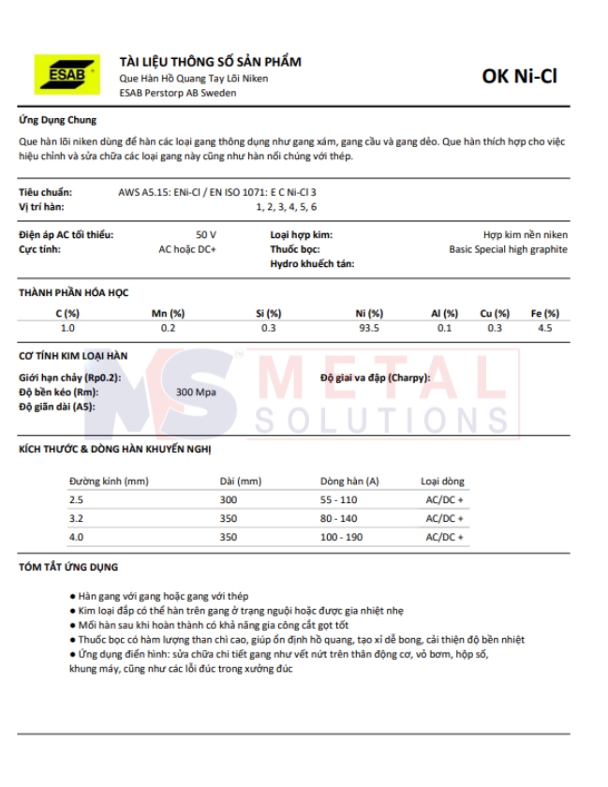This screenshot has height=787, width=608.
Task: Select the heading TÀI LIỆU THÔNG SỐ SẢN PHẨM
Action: pos(210,62)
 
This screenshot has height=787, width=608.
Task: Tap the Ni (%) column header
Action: pos(369,313)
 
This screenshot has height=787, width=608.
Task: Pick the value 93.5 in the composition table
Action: pos(369,328)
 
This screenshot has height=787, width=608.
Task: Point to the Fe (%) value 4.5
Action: pos(544,328)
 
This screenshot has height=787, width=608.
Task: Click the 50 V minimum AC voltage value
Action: pos(206,234)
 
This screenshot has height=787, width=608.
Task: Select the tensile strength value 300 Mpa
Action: pos(196,392)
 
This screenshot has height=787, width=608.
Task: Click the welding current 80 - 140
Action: pos(339,518)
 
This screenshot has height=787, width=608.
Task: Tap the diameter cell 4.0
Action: pos(76,537)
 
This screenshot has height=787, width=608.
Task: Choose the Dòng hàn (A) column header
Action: pos(348,481)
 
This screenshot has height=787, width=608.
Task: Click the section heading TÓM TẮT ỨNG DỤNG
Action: pos(69,568)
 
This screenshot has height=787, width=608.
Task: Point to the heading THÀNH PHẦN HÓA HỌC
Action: pos(73,292)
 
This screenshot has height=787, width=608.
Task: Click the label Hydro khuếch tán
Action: pos(312,265)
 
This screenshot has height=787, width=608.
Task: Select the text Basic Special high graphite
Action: pos(508,250)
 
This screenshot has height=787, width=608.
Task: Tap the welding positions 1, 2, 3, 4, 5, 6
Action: pos(286,205)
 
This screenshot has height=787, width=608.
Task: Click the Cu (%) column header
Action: pos(495,313)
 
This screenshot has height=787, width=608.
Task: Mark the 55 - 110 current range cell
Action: pos(339,499)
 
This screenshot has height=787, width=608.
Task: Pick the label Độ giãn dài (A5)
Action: pos(57,407)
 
